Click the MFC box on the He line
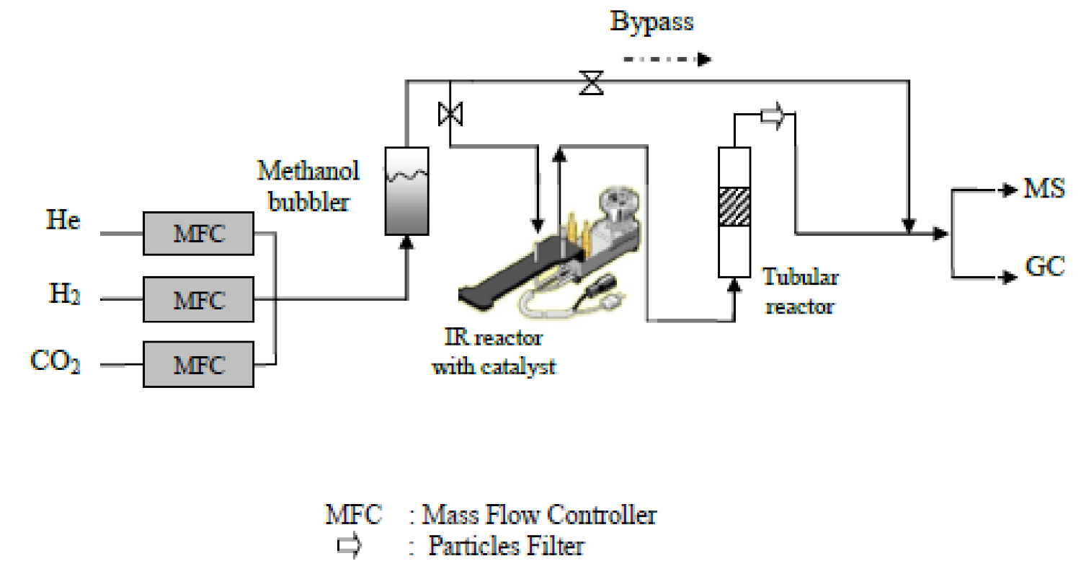pos(198,234)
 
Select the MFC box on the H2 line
pos(198,299)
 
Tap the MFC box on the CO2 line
pos(198,364)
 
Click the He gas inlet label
pos(63,221)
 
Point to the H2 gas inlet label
pos(63,295)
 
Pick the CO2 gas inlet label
pos(55,360)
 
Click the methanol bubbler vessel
pos(406,190)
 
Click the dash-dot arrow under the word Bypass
pos(667,58)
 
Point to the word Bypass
pos(651,22)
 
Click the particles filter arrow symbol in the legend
pos(350,547)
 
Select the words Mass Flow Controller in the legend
pos(539,515)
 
